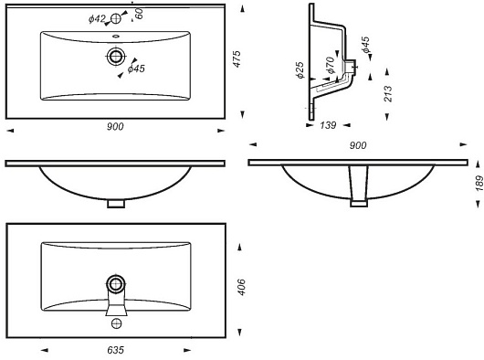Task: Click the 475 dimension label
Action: coord(237,58)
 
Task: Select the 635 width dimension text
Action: coord(116,350)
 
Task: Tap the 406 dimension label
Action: coord(242,287)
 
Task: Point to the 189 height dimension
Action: coord(479,183)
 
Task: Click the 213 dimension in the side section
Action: coord(388,94)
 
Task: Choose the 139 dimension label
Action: coord(328,125)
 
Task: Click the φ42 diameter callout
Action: coord(97,19)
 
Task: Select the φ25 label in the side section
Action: coord(300,70)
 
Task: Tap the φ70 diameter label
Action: coord(330,65)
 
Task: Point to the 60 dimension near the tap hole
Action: coord(139,14)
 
